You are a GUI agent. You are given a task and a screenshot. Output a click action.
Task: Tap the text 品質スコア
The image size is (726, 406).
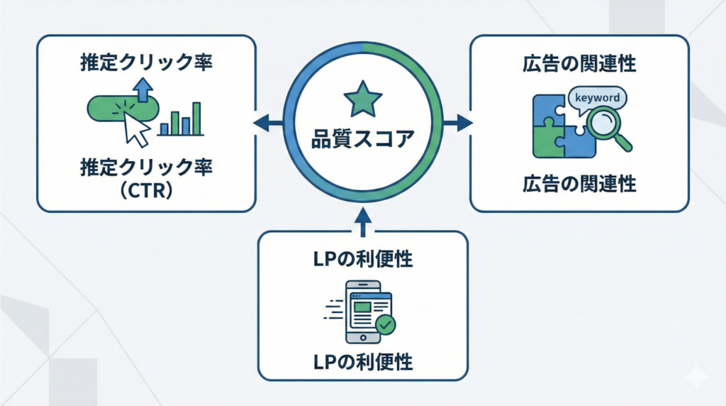[x=362, y=138]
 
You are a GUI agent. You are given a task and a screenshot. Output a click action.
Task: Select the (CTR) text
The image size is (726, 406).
[x=145, y=192]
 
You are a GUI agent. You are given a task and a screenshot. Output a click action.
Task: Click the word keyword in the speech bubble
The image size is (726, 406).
[x=598, y=98]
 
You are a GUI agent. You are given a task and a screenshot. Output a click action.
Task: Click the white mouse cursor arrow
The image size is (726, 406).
[x=136, y=128]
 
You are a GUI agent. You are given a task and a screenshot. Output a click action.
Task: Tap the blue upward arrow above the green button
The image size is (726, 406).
[x=144, y=89]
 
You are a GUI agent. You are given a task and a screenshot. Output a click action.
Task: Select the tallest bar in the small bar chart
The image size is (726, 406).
[x=196, y=118]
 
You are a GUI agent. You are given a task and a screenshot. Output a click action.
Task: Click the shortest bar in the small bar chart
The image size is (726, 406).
[x=164, y=128]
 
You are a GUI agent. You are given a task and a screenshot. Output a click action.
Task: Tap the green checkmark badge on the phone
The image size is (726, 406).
[x=386, y=325]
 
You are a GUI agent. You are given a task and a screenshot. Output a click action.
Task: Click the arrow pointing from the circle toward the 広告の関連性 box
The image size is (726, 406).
[x=459, y=124]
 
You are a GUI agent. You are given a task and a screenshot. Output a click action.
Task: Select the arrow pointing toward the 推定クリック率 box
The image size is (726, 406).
[x=267, y=124]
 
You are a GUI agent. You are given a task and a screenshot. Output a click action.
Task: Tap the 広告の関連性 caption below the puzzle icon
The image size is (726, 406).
[x=579, y=185]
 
